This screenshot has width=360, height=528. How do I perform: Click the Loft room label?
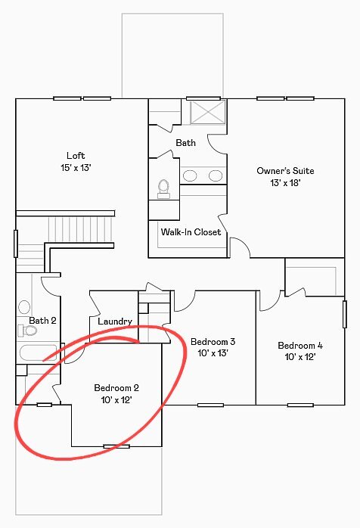point(76,156)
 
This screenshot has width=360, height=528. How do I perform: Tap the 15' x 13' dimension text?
point(76,168)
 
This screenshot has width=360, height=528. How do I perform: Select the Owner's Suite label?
point(285,171)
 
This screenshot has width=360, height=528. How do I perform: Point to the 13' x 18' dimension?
point(285,183)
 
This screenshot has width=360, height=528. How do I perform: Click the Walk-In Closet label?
point(191,232)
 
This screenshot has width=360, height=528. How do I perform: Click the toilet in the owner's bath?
point(163,189)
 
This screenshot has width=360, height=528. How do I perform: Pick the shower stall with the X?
point(207,112)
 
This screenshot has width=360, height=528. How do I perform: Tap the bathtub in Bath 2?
point(38,353)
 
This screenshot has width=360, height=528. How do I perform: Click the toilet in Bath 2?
point(27,331)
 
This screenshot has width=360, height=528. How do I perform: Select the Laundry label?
point(115,321)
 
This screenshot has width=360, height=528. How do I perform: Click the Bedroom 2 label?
point(116,388)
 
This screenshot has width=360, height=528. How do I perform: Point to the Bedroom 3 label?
point(213,342)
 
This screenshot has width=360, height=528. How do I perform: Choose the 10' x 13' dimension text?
point(213,353)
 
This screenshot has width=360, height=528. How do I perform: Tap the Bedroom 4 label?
point(300,346)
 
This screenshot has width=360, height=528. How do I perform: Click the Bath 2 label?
point(42,321)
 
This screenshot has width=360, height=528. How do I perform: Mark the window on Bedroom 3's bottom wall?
point(210,405)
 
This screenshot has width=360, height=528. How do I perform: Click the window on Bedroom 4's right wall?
point(345,314)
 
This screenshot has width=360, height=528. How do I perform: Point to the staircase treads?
point(80,229)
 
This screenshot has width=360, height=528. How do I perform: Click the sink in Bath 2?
point(24,307)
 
